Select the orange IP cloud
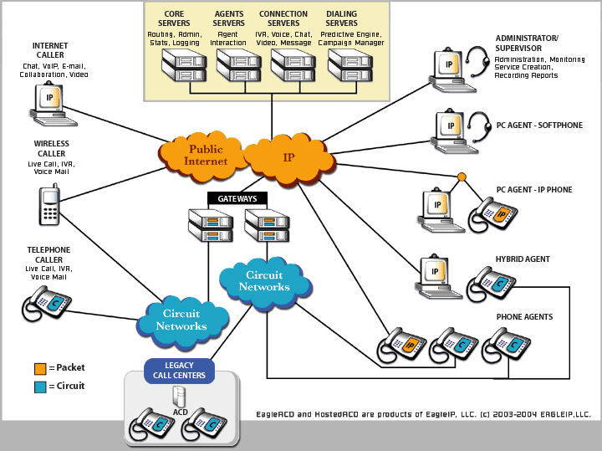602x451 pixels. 288,156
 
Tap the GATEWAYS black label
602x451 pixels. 237,199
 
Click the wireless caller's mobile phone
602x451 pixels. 49,205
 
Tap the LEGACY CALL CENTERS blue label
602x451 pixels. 180,369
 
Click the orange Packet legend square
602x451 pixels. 40,368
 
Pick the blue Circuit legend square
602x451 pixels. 40,387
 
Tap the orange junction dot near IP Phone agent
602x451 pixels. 461,177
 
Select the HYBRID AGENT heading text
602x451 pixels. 523,259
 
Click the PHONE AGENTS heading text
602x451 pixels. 524,317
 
